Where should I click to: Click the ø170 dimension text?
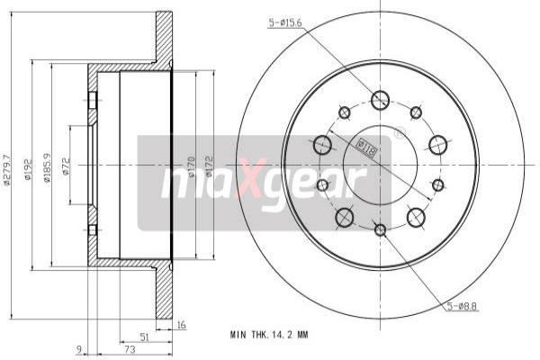193,166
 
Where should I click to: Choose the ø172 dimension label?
211,166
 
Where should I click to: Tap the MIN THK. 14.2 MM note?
269,334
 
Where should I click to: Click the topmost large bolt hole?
380,100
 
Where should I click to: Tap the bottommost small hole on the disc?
380,230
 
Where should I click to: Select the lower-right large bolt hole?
416,217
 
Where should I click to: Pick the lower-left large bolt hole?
344,217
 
